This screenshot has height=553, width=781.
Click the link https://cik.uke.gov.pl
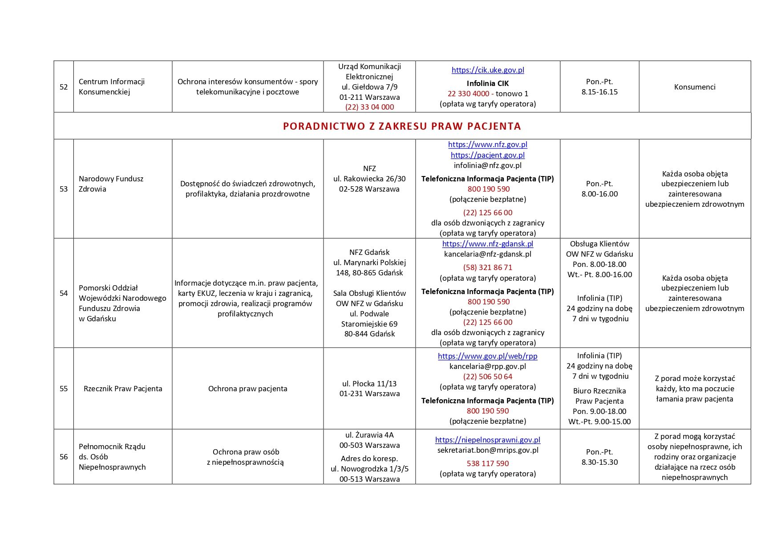pyautogui.click(x=487, y=70)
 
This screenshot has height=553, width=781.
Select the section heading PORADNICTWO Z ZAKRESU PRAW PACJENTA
pyautogui.click(x=401, y=126)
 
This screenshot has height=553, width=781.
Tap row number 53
pyautogui.click(x=64, y=189)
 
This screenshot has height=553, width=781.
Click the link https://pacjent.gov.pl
pyautogui.click(x=487, y=155)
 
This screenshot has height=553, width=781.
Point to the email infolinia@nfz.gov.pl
pyautogui.click(x=487, y=165)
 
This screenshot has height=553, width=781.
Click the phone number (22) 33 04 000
pyautogui.click(x=369, y=107)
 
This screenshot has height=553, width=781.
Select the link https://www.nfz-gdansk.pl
pyautogui.click(x=487, y=244)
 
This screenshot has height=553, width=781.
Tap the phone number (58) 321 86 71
pyautogui.click(x=487, y=267)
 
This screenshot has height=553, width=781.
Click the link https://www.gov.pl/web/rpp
pyautogui.click(x=487, y=356)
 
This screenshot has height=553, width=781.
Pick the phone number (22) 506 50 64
pyautogui.click(x=487, y=377)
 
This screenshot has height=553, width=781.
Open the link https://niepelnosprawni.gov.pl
pyautogui.click(x=487, y=440)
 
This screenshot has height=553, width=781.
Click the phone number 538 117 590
pyautogui.click(x=487, y=463)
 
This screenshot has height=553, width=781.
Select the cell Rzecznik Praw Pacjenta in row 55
pyautogui.click(x=123, y=389)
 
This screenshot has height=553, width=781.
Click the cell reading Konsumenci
pyautogui.click(x=694, y=87)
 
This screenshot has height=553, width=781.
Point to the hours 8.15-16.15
pyautogui.click(x=599, y=92)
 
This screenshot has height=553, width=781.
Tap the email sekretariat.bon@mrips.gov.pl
pyautogui.click(x=487, y=450)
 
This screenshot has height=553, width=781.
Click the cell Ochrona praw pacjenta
pyautogui.click(x=247, y=389)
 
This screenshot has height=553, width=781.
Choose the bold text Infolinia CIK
pyautogui.click(x=487, y=83)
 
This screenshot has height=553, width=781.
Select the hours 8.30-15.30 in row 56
pyautogui.click(x=599, y=462)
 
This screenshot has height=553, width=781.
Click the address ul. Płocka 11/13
pyautogui.click(x=369, y=384)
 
